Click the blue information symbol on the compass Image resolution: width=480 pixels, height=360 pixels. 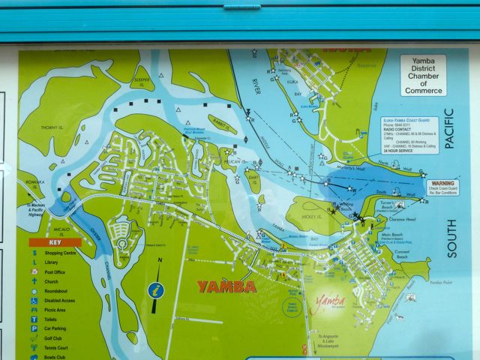pyautogui.click(x=157, y=289)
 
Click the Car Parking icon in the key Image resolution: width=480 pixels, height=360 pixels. pyautogui.click(x=34, y=328)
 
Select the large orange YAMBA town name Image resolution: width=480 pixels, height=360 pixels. pyautogui.click(x=226, y=286)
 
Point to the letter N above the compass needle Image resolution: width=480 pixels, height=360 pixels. pyautogui.click(x=160, y=260)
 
